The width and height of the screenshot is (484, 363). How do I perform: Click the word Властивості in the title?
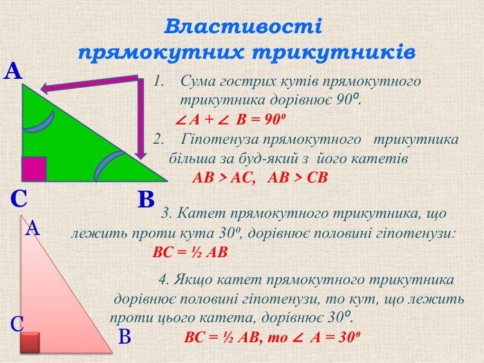pyautogui.click(x=243, y=26)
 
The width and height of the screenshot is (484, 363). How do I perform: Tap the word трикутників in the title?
pyautogui.click(x=334, y=53)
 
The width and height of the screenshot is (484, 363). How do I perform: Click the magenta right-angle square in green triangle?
pyautogui.click(x=34, y=169)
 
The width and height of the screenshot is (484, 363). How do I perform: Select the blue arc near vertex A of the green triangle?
pyautogui.click(x=40, y=123)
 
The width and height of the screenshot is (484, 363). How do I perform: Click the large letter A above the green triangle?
pyautogui.click(x=13, y=71)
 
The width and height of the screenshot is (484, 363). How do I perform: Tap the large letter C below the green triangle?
pyautogui.click(x=19, y=199)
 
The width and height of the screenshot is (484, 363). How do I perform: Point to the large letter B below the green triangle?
pyautogui.click(x=146, y=199)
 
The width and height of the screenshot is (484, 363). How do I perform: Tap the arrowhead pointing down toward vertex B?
pyautogui.click(x=141, y=154)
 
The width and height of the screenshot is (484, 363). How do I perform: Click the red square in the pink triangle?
pyautogui.click(x=30, y=342)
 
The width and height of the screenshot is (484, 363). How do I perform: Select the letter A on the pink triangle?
pyautogui.click(x=32, y=229)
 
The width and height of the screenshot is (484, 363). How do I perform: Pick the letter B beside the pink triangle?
pyautogui.click(x=124, y=337)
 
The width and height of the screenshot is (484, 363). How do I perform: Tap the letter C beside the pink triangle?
pyautogui.click(x=17, y=324)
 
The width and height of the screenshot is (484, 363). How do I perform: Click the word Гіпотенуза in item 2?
pyautogui.click(x=221, y=140)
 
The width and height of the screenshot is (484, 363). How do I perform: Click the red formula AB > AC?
pyautogui.click(x=224, y=178)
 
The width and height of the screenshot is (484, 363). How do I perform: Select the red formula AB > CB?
pyautogui.click(x=297, y=178)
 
